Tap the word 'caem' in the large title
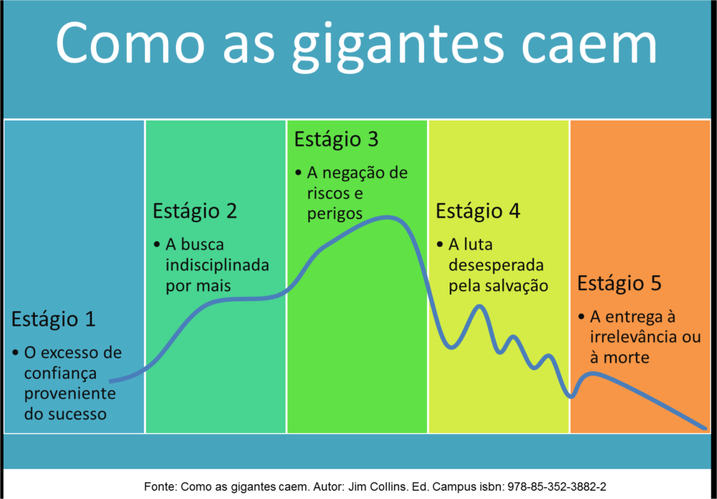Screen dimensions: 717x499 590,43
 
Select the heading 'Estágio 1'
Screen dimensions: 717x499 53,319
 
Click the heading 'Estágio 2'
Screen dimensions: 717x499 195,211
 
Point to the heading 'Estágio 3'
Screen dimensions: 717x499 336,139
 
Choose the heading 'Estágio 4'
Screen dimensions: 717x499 478,211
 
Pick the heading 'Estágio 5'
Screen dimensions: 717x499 619,283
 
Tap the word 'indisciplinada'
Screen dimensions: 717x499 217,266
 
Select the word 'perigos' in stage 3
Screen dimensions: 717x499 335,214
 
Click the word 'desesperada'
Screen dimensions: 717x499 496,266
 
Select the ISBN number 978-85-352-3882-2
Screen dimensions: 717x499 557,487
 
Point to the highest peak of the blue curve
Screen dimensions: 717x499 387,218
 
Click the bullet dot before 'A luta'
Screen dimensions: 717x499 440,245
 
